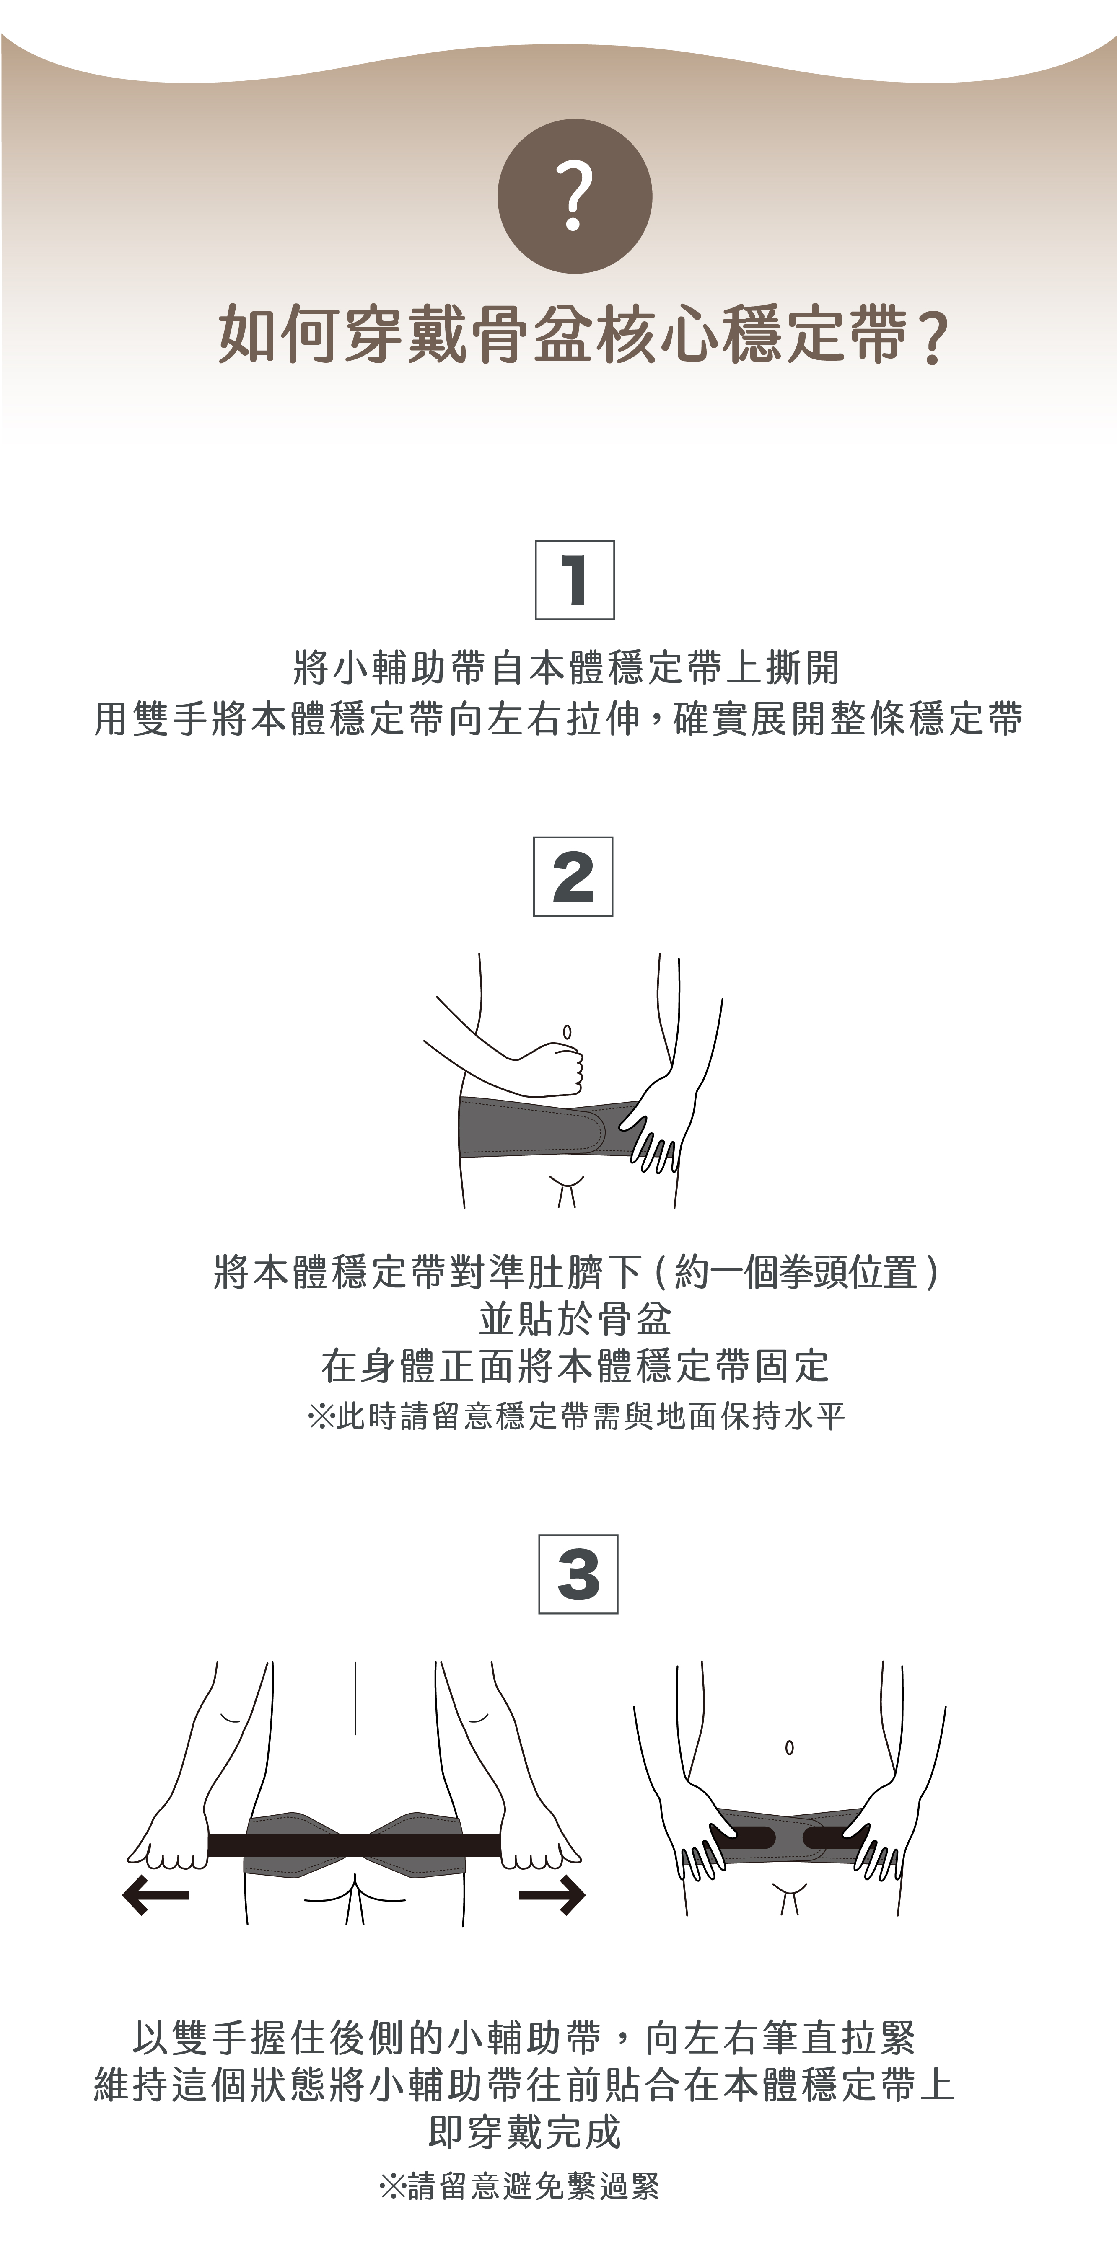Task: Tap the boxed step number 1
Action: [575, 580]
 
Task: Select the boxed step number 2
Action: [573, 876]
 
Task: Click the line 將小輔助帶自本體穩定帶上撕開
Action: [566, 668]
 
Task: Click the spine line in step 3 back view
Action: [355, 1698]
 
